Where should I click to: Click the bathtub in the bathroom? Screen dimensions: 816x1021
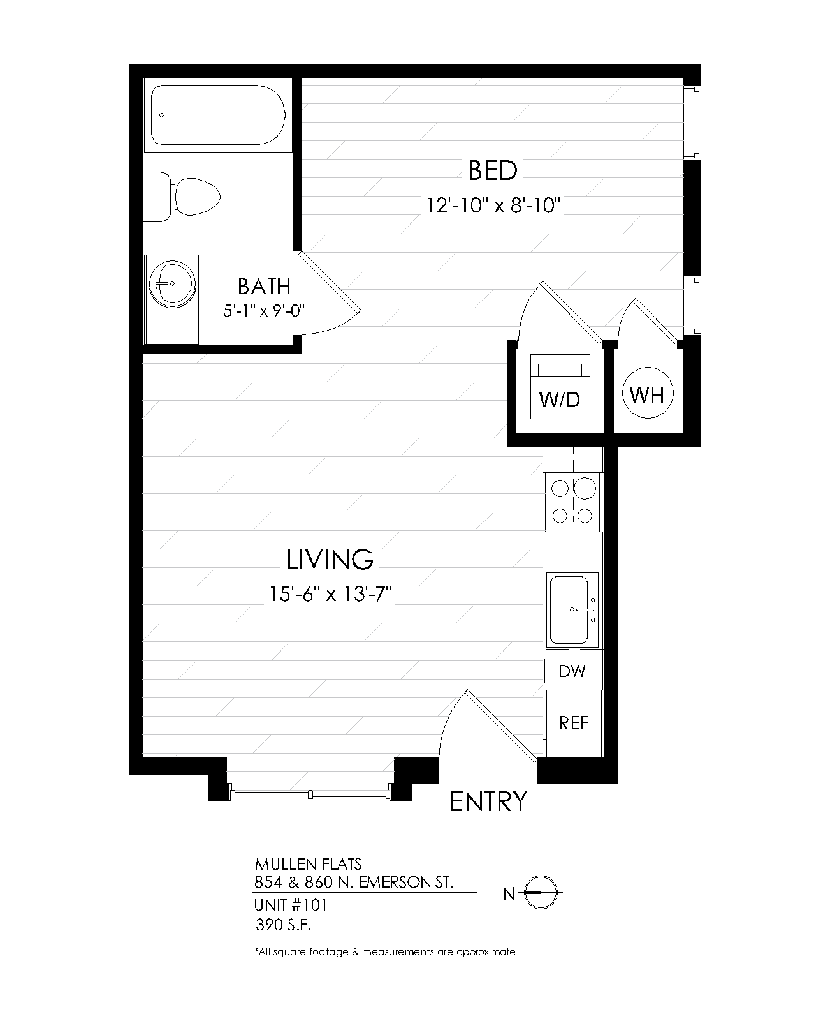coord(218,115)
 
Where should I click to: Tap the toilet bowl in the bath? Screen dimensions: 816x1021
coord(198,197)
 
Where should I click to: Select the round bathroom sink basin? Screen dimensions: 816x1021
coord(172,284)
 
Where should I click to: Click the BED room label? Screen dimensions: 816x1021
coord(493,171)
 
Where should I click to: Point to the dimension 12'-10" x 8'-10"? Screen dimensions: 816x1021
coord(493,206)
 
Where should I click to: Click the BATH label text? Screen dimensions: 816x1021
coord(264,287)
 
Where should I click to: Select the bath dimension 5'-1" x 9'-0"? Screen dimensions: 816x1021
coord(264,311)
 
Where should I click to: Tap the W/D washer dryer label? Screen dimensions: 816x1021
coord(560,400)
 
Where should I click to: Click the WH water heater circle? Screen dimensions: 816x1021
coord(648,393)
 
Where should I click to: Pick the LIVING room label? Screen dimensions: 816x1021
coord(330,560)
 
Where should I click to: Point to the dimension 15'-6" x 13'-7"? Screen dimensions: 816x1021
coord(330,593)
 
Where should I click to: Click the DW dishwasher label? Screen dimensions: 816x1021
coord(572,671)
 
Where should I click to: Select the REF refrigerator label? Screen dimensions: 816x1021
coord(574,723)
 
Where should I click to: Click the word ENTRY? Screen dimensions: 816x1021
coord(488,802)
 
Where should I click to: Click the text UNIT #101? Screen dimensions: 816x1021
coord(291,905)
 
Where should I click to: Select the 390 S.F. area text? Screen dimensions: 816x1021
coord(283,925)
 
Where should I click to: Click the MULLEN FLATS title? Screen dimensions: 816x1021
coord(308,864)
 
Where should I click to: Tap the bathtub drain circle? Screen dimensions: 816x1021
coord(162,116)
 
